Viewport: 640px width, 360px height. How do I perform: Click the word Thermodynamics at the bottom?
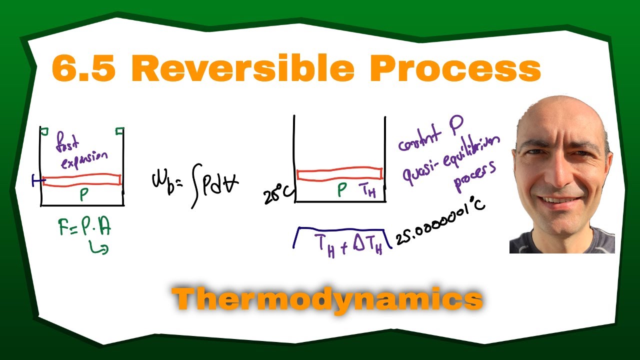tap(327, 299)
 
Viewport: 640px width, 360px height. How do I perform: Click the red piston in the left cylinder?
tap(82, 179)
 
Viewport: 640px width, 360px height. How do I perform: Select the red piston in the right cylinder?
tap(339, 173)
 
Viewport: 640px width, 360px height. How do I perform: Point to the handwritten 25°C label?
tap(276, 195)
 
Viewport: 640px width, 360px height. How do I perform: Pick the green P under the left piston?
tap(83, 195)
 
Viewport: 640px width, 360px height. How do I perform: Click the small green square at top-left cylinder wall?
tap(44, 131)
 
